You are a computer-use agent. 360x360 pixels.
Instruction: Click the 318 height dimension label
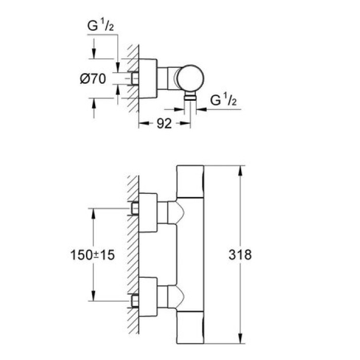coord(240,255)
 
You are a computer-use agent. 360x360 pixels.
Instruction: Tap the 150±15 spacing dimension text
coord(92,255)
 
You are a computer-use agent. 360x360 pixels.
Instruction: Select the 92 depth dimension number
coord(164,123)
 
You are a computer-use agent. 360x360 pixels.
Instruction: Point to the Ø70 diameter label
coord(93,79)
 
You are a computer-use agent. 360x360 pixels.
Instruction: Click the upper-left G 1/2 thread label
coord(100,26)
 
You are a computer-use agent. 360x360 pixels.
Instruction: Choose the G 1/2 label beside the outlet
coord(223,100)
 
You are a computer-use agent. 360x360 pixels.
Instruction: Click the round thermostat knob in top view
coord(191,78)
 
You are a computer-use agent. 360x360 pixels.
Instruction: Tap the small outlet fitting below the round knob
coord(190,96)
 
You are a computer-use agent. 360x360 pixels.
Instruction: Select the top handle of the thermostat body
coord(190,182)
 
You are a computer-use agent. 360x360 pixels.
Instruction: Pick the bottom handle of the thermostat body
coord(190,328)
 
